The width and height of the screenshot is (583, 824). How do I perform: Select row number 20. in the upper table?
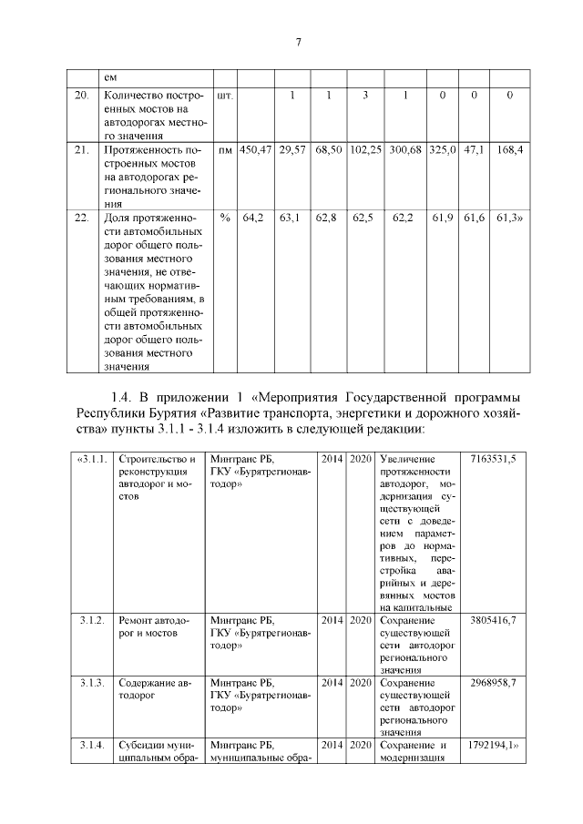tap(81, 95)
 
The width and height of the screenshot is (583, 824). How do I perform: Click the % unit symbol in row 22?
tap(224, 218)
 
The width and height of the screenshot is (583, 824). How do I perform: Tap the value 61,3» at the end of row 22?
tap(510, 218)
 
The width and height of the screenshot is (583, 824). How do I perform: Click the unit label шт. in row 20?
tap(224, 95)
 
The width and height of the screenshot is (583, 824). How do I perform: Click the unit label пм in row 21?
tap(224, 148)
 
